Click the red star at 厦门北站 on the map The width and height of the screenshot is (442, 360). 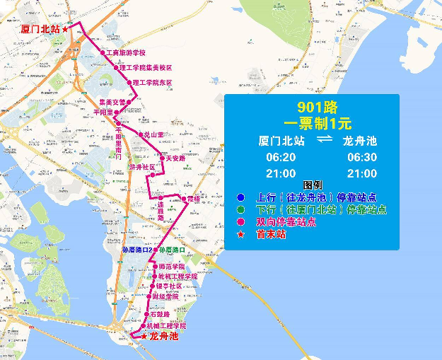65,29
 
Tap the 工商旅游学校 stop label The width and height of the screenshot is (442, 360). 126,53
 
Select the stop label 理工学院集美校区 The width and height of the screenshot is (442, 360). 146,68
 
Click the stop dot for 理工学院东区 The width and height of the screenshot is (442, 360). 129,83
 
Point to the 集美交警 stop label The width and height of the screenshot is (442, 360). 111,102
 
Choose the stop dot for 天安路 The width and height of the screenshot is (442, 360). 162,158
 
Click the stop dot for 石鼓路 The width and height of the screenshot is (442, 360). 148,314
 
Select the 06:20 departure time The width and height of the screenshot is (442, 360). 277,157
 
